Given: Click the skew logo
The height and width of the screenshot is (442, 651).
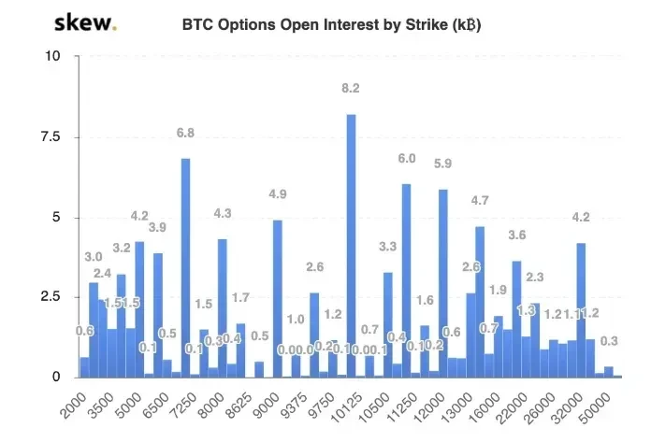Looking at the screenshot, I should point(85,22).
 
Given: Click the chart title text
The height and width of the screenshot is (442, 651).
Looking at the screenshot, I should point(331,25).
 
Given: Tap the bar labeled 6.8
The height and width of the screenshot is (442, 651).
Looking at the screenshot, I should point(185,267).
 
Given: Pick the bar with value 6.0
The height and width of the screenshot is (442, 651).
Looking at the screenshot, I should point(406,280).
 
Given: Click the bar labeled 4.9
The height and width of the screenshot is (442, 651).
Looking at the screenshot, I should point(277,298).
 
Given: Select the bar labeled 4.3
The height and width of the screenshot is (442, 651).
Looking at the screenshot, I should point(222,307).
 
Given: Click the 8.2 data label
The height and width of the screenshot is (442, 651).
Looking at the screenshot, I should point(351,88).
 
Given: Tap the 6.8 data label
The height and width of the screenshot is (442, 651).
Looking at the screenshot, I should point(185,133).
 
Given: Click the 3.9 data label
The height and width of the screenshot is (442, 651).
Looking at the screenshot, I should point(158,228).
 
